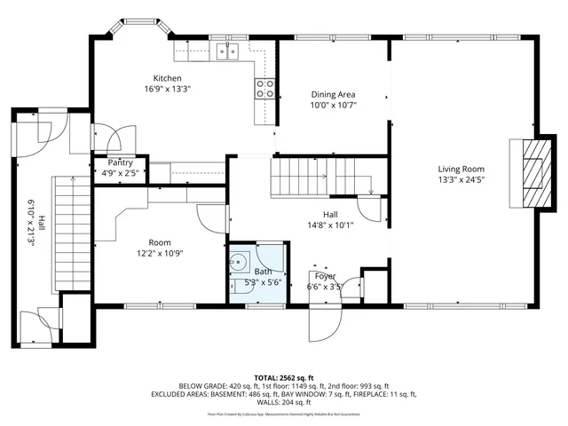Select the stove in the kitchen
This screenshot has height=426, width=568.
click(x=264, y=87)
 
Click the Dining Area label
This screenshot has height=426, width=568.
click(x=333, y=94)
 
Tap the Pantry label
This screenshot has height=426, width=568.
click(x=120, y=162)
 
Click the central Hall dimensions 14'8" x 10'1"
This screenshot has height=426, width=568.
click(x=330, y=225)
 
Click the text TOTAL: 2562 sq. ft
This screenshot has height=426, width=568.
click(x=283, y=378)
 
